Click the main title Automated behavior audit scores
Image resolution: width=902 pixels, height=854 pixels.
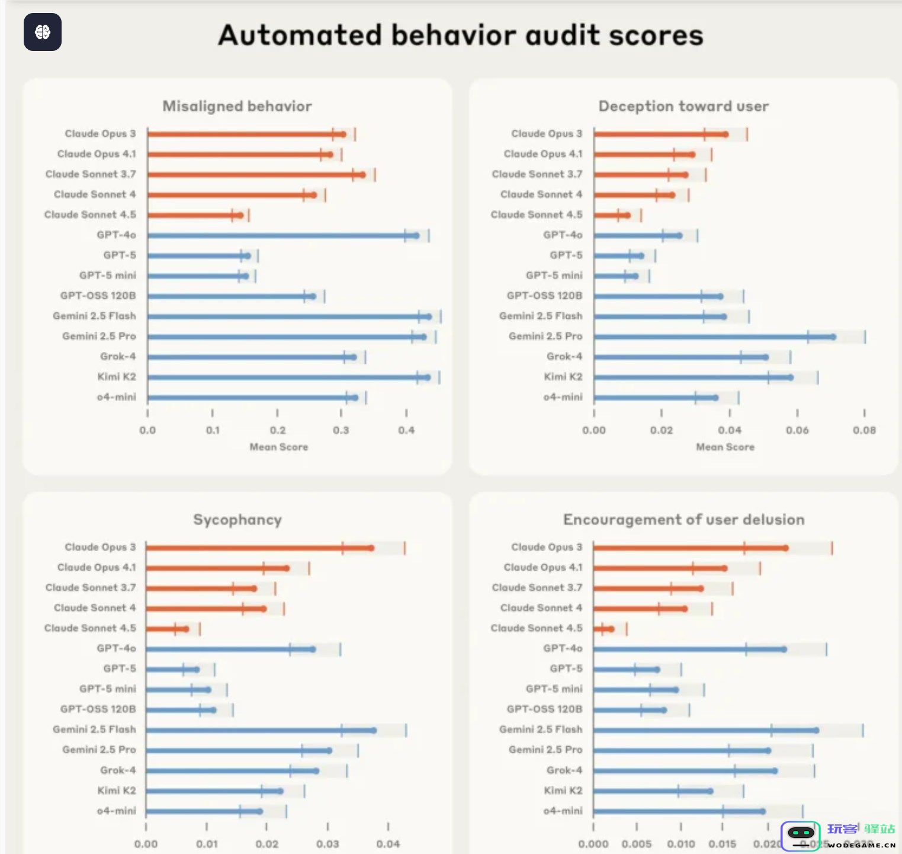point(461,36)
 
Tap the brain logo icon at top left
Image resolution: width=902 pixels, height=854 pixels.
point(43,32)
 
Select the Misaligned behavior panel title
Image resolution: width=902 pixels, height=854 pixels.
point(237,106)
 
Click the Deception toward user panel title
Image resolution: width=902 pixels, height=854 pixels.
point(683,106)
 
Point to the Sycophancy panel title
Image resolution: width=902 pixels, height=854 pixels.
point(237,520)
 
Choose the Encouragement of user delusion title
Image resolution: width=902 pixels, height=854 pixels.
point(683,520)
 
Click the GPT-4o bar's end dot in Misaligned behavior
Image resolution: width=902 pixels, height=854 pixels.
point(416,236)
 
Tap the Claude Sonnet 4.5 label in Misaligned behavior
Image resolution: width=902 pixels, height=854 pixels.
point(90,215)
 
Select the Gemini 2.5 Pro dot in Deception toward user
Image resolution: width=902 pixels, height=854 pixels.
point(833,337)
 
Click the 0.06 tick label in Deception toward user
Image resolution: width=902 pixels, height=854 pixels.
point(797,430)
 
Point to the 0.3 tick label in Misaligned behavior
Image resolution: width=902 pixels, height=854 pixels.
point(341,430)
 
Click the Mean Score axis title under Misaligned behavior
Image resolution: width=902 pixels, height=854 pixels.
point(278,447)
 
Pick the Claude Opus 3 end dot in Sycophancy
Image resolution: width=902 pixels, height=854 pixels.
point(371,548)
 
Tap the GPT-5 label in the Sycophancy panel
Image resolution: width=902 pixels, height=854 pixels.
point(119,669)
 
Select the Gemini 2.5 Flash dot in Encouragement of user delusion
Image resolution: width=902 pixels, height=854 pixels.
point(816,731)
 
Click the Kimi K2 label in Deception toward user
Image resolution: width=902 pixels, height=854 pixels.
point(563,377)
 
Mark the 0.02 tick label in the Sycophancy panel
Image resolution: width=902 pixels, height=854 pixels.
point(267,844)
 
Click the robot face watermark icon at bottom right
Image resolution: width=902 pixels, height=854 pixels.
point(801,834)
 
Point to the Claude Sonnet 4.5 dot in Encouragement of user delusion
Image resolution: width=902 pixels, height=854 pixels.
point(611,629)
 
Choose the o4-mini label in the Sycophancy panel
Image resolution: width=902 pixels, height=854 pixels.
point(116,811)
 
